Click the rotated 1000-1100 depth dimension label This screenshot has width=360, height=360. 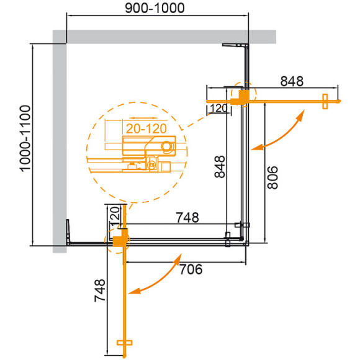tap(24, 145)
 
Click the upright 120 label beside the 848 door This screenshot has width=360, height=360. tap(217, 109)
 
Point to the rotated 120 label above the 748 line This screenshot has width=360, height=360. tap(114, 217)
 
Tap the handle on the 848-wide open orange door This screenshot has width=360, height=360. tap(325, 102)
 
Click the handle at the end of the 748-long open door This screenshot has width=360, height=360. tap(125, 343)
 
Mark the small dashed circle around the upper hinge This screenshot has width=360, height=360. tap(243, 95)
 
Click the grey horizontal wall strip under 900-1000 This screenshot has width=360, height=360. tap(168, 36)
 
